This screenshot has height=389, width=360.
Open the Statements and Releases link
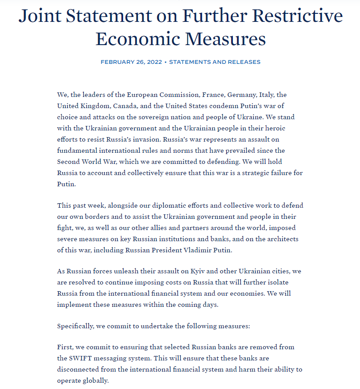tap(215, 62)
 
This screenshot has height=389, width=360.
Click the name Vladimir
tap(194, 250)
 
